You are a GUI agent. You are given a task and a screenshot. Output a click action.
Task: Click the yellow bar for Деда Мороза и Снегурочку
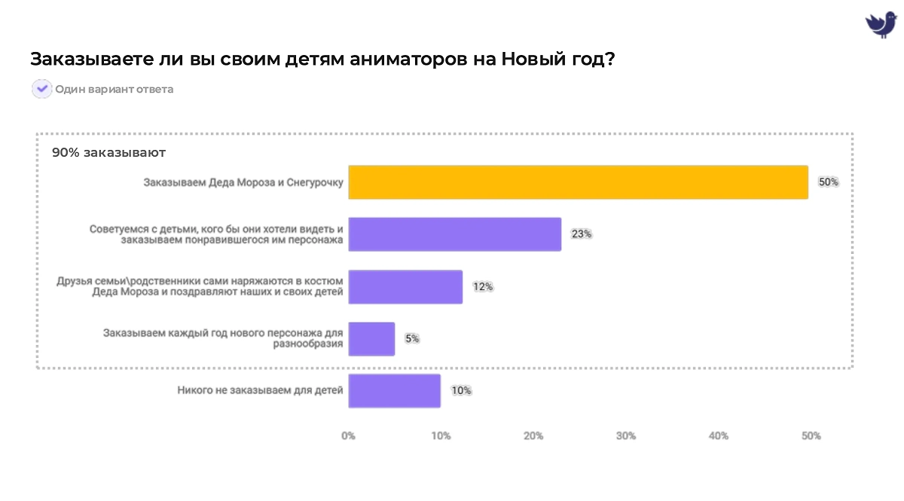point(578,182)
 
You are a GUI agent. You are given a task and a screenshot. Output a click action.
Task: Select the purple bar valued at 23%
point(454,234)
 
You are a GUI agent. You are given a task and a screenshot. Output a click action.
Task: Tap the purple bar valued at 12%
point(405,287)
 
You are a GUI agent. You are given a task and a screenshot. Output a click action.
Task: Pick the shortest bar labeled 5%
point(371,339)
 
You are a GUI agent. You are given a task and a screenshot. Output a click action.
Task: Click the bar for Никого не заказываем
point(394,391)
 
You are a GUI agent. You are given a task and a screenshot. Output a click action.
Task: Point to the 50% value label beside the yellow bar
point(828,182)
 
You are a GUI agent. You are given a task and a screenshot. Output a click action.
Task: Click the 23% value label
point(581,234)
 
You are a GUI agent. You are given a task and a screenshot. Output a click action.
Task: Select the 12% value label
point(482,287)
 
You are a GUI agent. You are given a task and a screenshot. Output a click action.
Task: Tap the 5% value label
point(412,339)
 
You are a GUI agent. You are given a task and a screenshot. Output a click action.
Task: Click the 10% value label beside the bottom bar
point(461,391)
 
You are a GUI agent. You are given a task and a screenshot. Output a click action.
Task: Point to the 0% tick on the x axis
point(348,436)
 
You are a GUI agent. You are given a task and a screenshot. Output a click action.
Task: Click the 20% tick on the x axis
point(533,436)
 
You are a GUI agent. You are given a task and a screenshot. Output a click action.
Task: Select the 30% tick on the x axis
point(626,436)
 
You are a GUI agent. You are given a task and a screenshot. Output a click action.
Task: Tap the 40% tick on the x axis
point(719,436)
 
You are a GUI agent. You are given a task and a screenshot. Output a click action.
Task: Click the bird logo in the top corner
point(880,24)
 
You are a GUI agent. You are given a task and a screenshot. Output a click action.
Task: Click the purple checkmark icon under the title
point(41,89)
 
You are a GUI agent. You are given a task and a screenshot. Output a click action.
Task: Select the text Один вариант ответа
point(114,90)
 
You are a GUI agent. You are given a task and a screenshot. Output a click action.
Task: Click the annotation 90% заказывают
point(108,153)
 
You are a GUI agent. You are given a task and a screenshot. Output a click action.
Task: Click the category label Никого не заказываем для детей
point(260,390)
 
